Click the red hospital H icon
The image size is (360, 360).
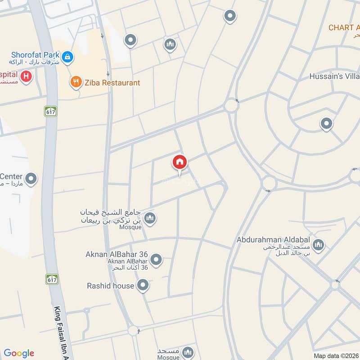26,76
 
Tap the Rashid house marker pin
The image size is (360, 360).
143,285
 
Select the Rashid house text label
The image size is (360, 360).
110,286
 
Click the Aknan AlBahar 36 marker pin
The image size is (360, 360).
156,259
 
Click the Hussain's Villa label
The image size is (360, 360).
334,76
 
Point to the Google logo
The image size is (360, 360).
19,353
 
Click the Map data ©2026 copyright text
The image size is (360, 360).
336,355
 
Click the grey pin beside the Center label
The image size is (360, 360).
31,179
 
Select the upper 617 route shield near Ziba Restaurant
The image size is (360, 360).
50,112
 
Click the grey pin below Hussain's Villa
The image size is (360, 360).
326,123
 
